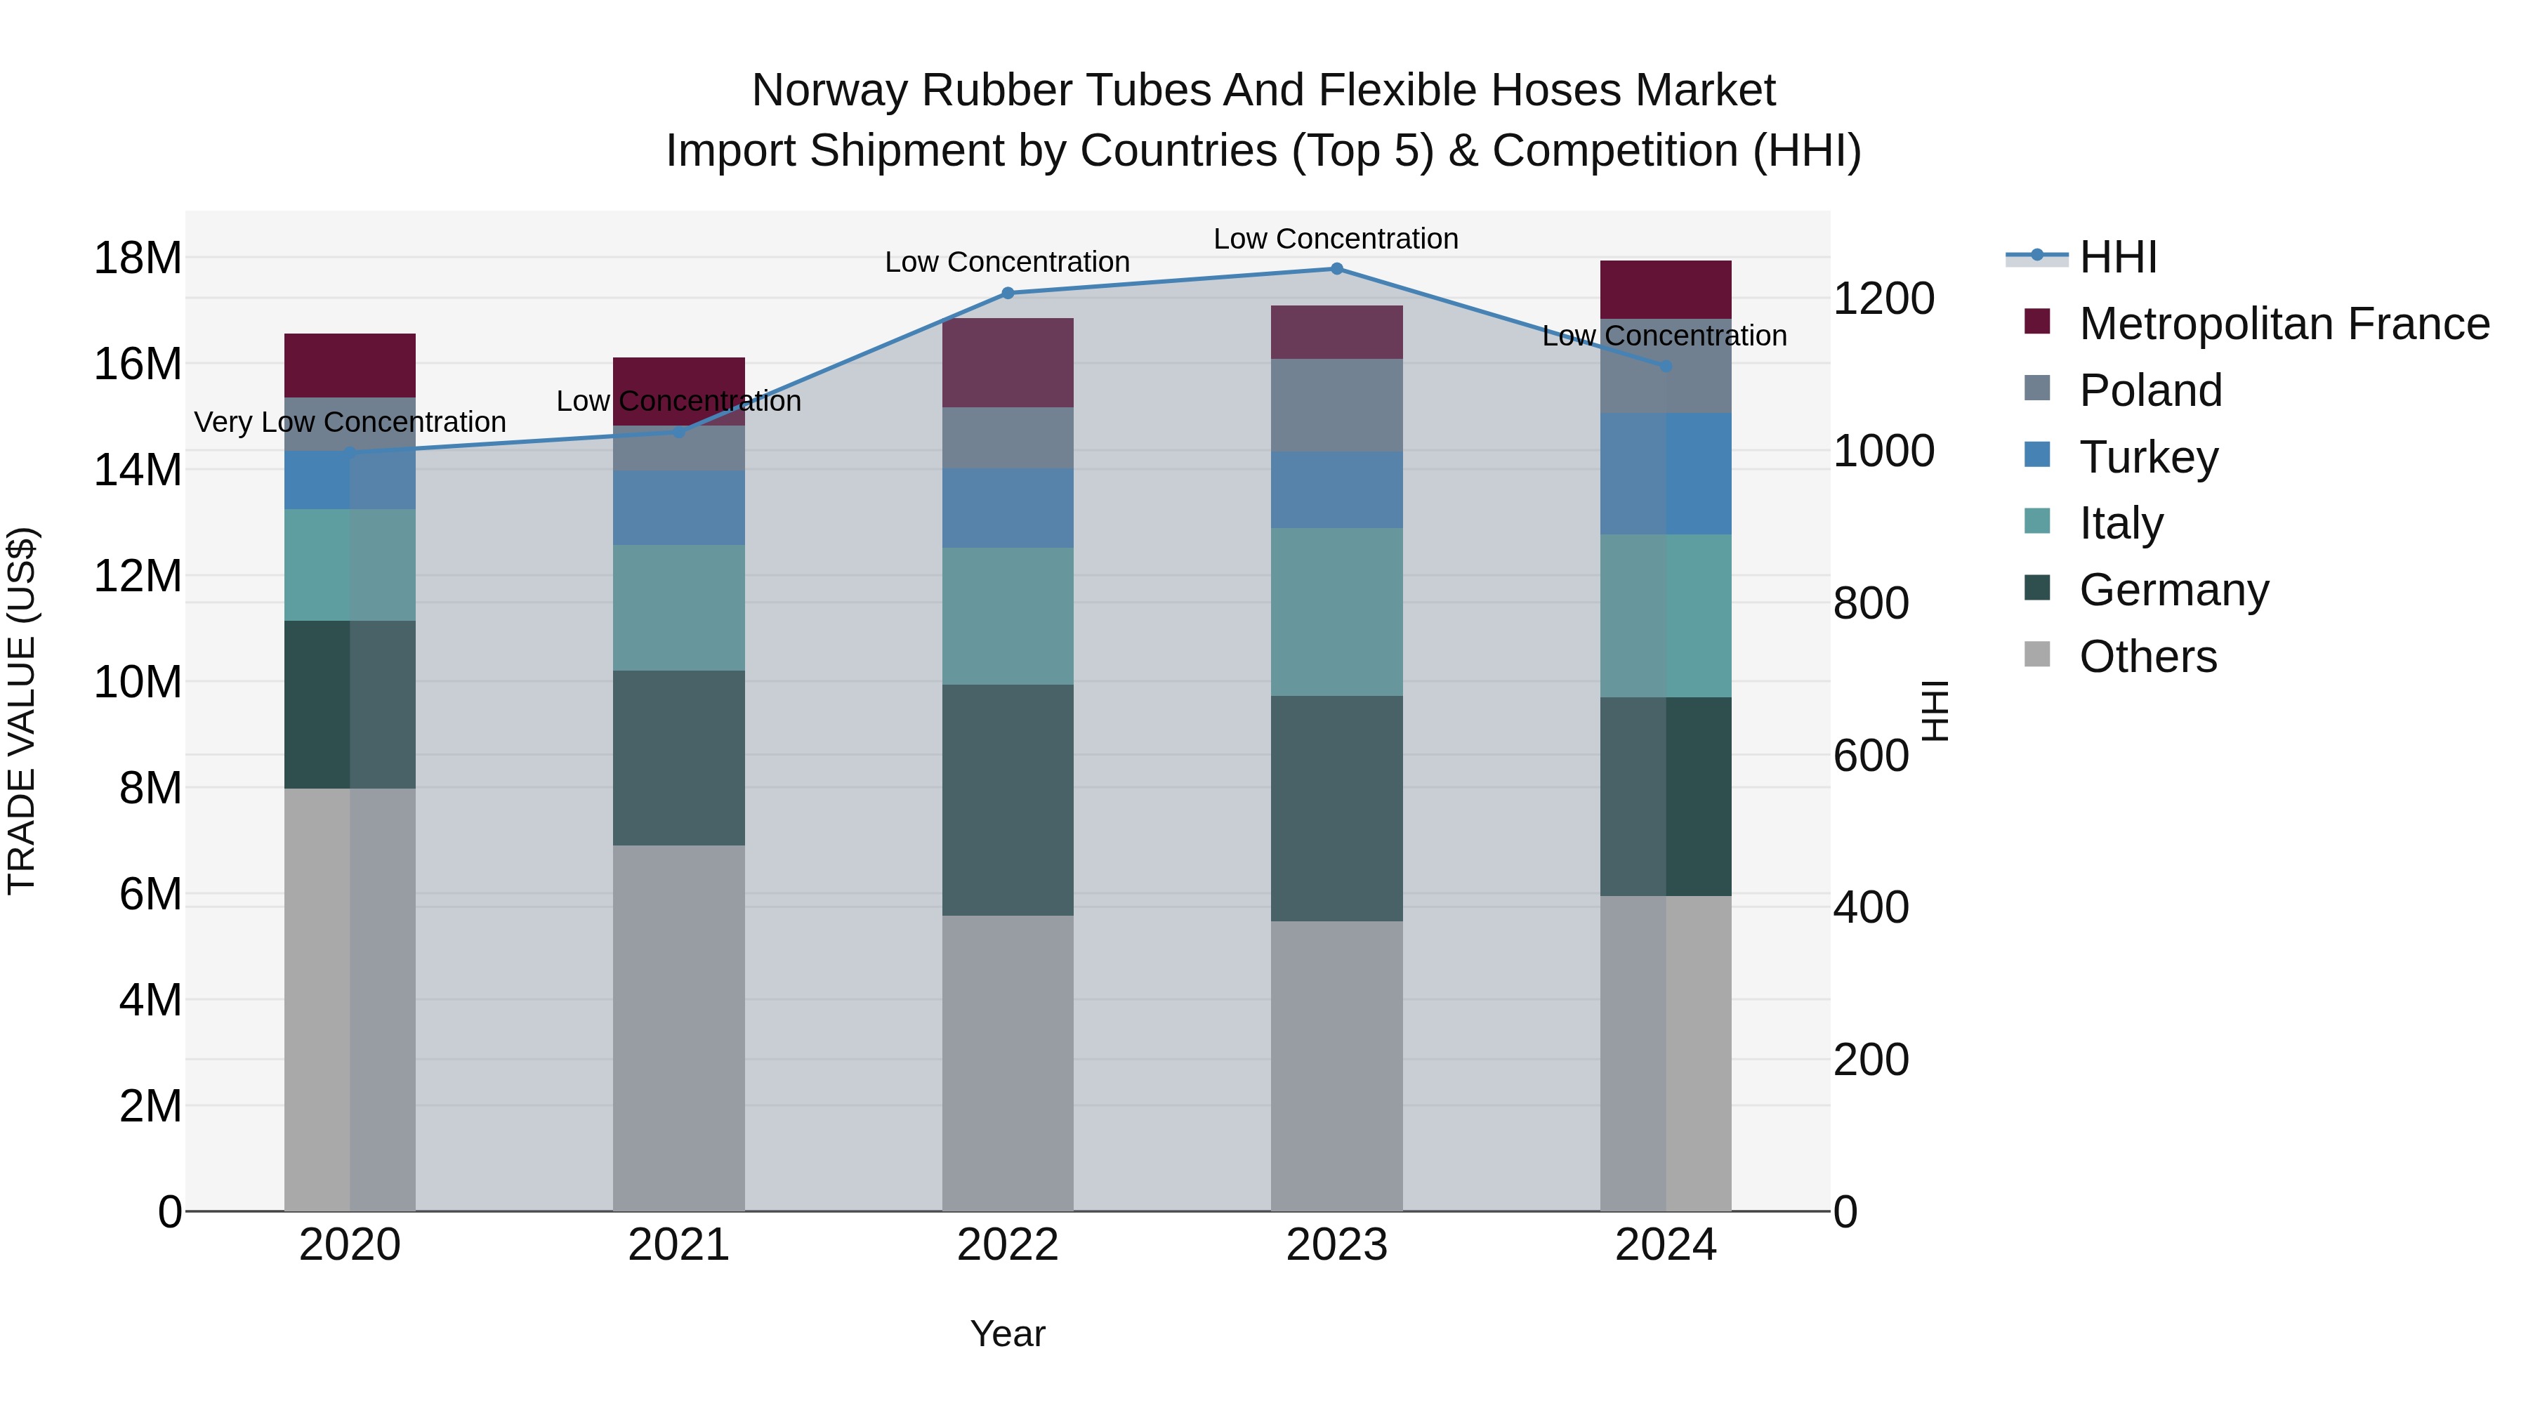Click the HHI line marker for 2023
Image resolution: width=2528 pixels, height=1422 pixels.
[1336, 269]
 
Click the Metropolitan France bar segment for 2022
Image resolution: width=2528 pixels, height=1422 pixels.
[1008, 363]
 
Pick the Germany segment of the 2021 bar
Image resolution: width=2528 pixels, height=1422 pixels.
[679, 758]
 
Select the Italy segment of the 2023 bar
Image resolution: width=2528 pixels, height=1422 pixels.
[1336, 612]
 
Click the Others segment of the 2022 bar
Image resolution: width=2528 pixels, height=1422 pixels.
[1008, 1064]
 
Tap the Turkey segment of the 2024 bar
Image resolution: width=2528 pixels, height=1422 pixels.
[1666, 474]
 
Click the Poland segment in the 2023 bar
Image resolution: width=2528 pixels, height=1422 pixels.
[1336, 405]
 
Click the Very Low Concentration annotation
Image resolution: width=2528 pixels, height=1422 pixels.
[350, 422]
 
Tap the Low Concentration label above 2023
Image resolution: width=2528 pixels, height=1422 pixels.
[1336, 239]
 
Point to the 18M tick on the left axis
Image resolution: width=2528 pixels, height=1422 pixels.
[138, 258]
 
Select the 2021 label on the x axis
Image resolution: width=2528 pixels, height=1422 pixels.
[679, 1245]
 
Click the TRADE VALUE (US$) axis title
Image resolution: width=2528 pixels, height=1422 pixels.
[22, 711]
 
